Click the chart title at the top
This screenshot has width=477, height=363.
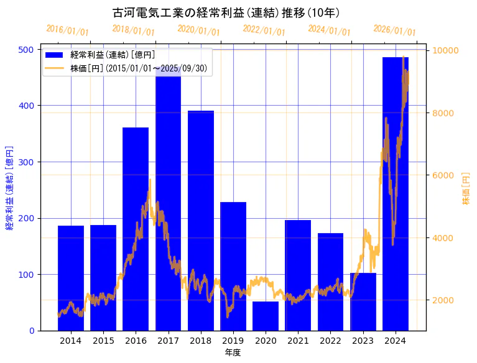click(226, 12)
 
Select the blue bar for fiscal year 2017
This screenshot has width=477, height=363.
click(168, 199)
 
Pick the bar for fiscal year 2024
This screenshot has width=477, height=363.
click(396, 193)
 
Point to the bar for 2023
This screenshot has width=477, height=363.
click(363, 301)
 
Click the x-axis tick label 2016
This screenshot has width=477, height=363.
click(136, 341)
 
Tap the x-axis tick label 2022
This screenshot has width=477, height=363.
click(331, 341)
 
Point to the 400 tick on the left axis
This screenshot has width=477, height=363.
click(28, 106)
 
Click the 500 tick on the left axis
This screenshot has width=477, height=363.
click(28, 50)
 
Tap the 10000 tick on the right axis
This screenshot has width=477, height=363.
click(446, 50)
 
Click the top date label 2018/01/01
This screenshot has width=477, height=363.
click(133, 30)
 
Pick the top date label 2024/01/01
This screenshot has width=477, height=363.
click(329, 30)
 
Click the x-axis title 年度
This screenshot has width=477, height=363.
click(233, 352)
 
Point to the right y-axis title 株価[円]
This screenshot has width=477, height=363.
click(466, 189)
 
